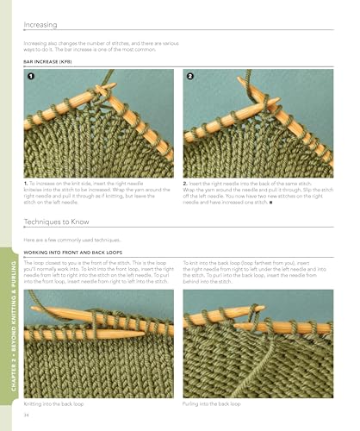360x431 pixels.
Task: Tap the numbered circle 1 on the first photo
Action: click(31, 78)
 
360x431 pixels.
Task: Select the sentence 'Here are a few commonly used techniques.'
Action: click(77, 238)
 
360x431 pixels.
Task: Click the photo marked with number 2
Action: click(258, 124)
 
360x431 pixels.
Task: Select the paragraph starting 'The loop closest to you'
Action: click(99, 271)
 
